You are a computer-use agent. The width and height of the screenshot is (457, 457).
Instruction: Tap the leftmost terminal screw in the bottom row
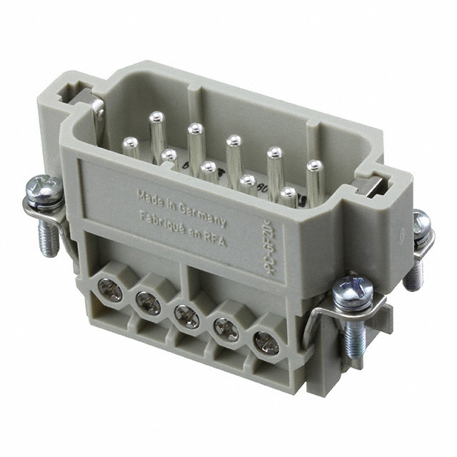tap(111, 288)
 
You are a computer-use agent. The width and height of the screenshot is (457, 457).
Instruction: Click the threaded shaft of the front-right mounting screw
tap(354, 336)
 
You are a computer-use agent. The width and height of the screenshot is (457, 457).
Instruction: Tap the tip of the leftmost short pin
tap(130, 143)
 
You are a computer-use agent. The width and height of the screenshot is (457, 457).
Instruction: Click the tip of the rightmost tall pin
tap(315, 166)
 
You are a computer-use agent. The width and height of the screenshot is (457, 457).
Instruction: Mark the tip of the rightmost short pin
tap(289, 193)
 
